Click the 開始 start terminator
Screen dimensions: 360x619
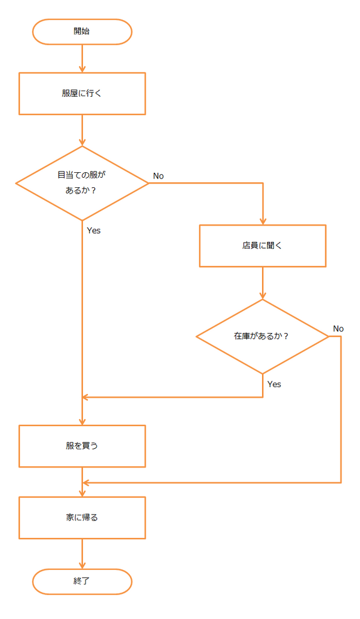coord(82,31)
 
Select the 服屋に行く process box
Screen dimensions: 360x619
coord(82,94)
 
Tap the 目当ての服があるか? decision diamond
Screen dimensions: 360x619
coord(82,183)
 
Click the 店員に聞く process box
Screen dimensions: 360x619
coord(263,246)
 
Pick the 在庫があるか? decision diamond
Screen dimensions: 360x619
coord(263,336)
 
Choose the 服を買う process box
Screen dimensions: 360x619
coord(82,446)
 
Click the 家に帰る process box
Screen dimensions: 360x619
coord(82,518)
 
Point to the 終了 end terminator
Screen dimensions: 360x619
coord(82,581)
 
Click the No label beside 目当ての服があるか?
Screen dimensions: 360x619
coord(158,176)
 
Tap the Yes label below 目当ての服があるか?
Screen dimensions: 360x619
coord(94,231)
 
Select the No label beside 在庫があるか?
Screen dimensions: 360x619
coord(338,329)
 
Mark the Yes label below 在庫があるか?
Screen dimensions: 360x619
coord(274,384)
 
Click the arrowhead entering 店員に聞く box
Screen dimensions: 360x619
coord(263,221)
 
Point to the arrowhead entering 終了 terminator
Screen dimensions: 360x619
coord(82,566)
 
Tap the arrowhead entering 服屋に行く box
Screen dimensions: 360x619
coord(82,69)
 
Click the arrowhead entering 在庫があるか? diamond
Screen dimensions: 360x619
coord(263,296)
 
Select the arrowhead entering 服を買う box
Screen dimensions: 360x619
coord(82,422)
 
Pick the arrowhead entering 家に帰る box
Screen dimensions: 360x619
coord(82,493)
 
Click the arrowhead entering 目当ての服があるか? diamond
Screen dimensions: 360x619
coord(82,143)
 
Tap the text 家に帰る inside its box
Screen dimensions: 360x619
coord(82,518)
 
